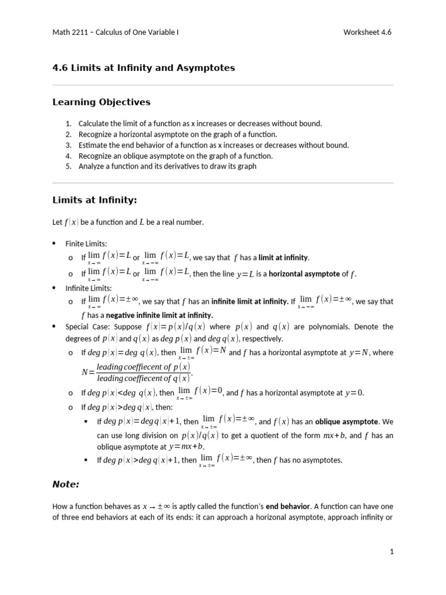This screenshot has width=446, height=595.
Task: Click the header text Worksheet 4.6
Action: [368, 33]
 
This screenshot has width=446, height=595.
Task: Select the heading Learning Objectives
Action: [101, 102]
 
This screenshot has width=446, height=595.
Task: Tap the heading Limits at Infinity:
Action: [94, 200]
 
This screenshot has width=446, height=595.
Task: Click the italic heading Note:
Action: [66, 484]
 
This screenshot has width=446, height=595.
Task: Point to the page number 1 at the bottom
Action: [391, 552]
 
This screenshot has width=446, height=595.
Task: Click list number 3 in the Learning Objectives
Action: [68, 145]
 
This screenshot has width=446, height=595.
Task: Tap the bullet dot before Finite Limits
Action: [55, 243]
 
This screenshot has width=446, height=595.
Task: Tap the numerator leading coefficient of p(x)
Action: [143, 367]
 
